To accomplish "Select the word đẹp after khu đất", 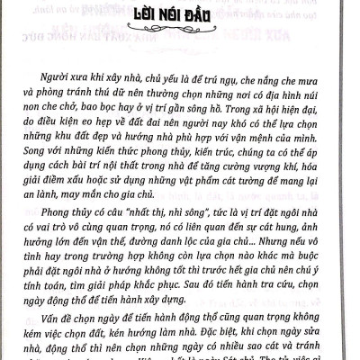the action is pos(116,148).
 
